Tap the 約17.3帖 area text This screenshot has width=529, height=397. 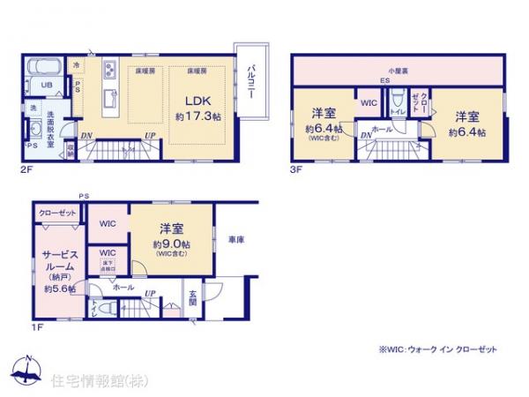pos(197,116)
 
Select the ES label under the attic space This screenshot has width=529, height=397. pos(385,83)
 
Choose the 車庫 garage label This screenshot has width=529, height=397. pos(235,239)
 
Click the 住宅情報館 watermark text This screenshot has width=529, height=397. pos(99,381)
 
